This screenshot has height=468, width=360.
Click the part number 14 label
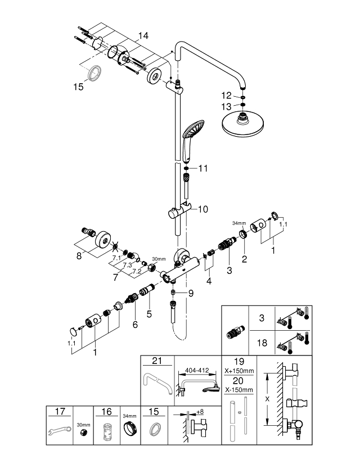pyautogui.click(x=143, y=35)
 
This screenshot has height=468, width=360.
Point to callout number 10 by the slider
pyautogui.click(x=202, y=208)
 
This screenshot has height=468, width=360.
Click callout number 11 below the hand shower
pyautogui.click(x=202, y=168)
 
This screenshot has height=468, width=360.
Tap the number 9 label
pyautogui.click(x=191, y=292)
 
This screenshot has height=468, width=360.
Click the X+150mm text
pyautogui.click(x=240, y=371)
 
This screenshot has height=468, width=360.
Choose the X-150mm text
pyautogui.click(x=240, y=390)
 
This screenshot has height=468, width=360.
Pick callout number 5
pyautogui.click(x=149, y=314)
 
